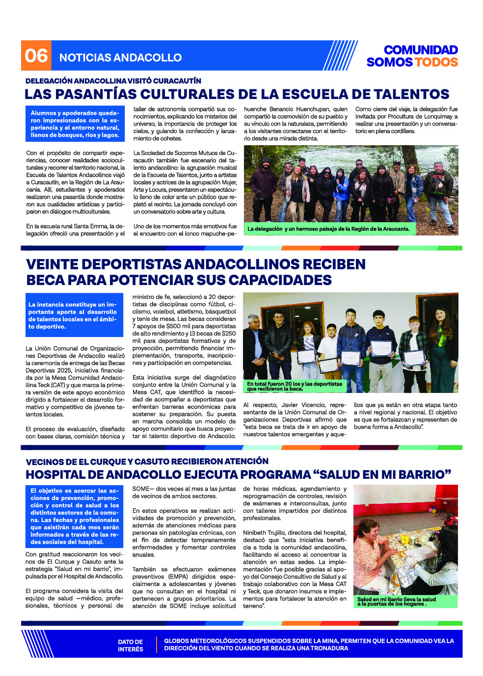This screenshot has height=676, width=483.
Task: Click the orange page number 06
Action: coord(36,56)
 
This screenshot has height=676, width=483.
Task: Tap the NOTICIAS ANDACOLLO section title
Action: coord(120,58)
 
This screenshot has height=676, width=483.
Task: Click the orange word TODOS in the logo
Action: coord(436,62)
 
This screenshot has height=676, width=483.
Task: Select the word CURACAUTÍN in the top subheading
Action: coord(177,81)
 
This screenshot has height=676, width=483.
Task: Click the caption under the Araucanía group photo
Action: coord(328,229)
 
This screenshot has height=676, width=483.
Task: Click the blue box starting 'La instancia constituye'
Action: coord(74,315)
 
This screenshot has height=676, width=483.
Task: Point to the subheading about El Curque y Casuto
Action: coord(147,462)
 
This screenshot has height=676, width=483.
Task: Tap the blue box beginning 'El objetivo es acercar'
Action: coord(74,516)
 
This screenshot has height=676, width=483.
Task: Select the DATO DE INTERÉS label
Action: coord(130,646)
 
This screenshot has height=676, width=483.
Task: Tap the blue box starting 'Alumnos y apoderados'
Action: coord(75,124)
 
